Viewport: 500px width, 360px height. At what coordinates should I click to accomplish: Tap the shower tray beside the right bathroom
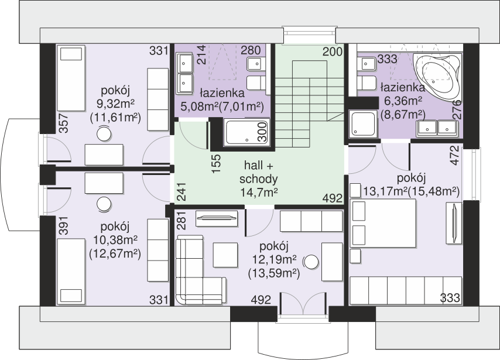[x=363, y=124]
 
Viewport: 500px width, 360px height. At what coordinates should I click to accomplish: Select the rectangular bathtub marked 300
[x=246, y=133]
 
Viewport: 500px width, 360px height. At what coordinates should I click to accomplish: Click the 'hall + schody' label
[x=258, y=172]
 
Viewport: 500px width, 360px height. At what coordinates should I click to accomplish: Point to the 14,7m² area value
[x=259, y=193]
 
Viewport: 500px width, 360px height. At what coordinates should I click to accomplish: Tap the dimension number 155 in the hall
[x=216, y=163]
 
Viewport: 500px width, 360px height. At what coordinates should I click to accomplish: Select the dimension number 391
[x=63, y=226]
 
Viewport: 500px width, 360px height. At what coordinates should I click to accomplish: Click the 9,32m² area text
[x=115, y=104]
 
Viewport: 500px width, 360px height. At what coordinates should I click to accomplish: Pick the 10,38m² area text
[x=115, y=239]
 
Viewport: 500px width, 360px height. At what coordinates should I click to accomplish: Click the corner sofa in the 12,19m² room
[x=200, y=270]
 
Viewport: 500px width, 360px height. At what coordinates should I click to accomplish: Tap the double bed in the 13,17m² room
[x=383, y=223]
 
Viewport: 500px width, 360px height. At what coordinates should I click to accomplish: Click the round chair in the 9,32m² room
[x=104, y=133]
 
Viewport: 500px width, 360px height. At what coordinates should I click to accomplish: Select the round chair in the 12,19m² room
[x=310, y=262]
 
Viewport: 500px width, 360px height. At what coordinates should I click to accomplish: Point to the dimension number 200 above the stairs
[x=333, y=52]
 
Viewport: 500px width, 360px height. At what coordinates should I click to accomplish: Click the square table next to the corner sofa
[x=225, y=255]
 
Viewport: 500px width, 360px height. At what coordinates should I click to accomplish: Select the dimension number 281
[x=181, y=220]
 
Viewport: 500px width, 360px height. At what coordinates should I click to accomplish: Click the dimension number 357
[x=63, y=123]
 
